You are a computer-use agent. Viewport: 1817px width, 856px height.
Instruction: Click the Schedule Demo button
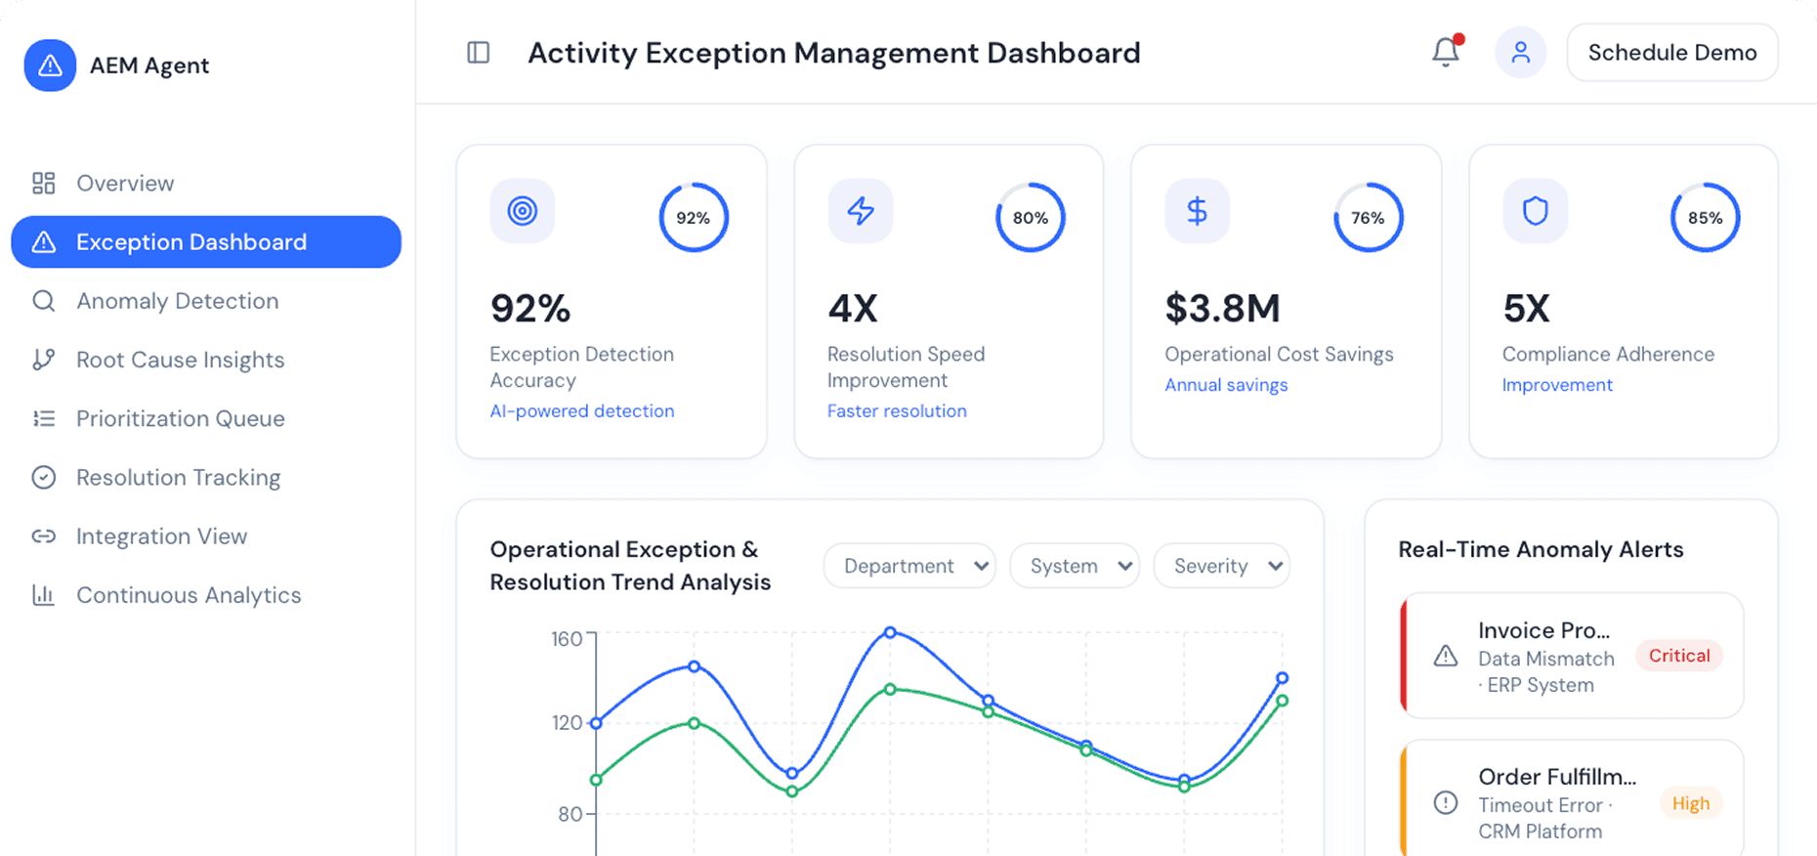[1671, 53]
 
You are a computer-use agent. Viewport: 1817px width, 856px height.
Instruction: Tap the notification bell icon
[1446, 52]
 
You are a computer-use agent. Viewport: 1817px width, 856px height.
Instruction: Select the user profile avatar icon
[1520, 52]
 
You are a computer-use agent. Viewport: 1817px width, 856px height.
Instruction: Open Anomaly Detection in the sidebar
[177, 301]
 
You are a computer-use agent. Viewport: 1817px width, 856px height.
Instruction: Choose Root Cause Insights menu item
[180, 360]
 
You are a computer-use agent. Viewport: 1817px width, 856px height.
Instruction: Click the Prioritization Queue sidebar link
[180, 418]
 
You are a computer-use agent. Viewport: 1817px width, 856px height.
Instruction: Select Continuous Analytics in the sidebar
[188, 595]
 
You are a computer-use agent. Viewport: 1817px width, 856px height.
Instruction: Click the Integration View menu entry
[161, 536]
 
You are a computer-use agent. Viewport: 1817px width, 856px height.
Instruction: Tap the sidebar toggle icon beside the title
[479, 53]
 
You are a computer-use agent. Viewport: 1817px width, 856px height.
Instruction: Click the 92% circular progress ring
[694, 217]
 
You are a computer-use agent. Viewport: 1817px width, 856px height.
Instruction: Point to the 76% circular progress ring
[1368, 217]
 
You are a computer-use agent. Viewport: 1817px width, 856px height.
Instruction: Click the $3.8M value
[1222, 309]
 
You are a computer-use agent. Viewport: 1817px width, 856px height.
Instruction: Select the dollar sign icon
[1197, 210]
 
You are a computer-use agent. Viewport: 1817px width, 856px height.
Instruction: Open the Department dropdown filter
[908, 566]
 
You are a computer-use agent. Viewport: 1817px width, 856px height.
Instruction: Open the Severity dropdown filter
[1221, 566]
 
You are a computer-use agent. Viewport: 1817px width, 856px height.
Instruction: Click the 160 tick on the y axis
[567, 639]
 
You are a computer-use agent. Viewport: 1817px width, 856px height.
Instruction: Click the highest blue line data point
[890, 633]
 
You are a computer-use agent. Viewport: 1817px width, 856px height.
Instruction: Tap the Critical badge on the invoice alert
[1679, 656]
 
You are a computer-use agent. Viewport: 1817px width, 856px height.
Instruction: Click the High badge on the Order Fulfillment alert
[1690, 803]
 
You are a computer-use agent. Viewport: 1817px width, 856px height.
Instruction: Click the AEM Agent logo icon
[50, 65]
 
